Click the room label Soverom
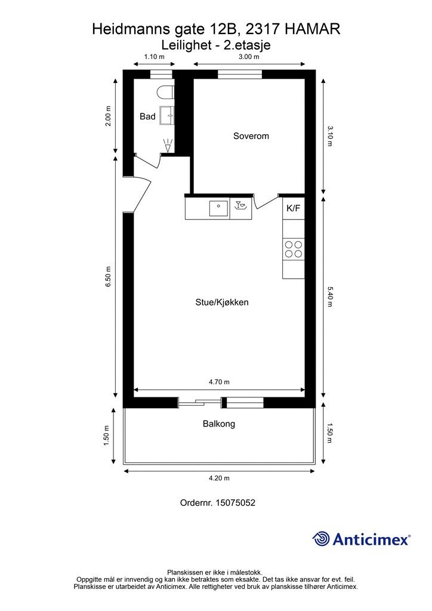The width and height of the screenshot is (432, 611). pos(251,136)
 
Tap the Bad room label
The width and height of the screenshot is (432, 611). pos(147,116)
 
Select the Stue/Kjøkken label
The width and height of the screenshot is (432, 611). pos(221,302)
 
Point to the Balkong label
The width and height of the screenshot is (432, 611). pos(218,424)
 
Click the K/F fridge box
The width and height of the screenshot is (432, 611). pos(293,208)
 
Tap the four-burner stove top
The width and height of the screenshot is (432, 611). pos(293,249)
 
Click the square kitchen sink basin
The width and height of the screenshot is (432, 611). pos(218,208)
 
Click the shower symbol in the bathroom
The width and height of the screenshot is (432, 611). pos(168,145)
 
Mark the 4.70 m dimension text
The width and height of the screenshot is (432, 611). pos(218,382)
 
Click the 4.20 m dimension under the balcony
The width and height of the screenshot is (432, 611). pos(218,478)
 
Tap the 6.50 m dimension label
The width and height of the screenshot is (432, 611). pos(109,277)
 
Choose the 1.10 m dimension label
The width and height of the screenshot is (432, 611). pos(154,57)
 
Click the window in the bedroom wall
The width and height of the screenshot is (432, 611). pos(239,75)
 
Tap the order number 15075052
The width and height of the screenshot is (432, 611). pos(218,503)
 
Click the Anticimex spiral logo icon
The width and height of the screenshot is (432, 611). pos(321,539)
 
